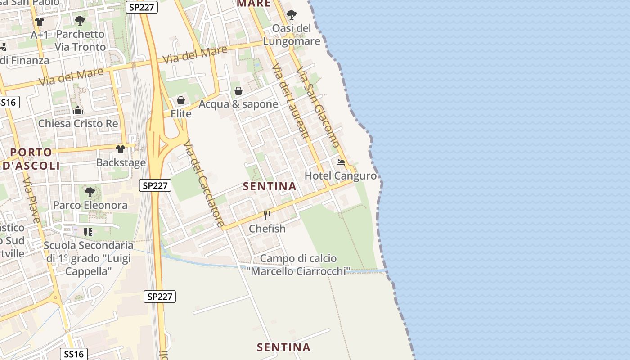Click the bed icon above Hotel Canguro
341,162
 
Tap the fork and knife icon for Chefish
267,216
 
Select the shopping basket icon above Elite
181,100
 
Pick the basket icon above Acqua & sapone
238,91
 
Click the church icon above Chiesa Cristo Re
78,110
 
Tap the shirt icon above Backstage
121,149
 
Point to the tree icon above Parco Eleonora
90,192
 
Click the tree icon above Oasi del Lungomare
292,15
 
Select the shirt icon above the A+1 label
40,22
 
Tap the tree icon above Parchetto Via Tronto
80,21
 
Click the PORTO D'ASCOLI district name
31,159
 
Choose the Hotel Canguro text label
341,175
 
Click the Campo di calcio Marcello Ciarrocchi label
298,265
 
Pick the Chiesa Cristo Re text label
78,123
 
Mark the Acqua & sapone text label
238,104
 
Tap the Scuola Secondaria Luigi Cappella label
89,258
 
